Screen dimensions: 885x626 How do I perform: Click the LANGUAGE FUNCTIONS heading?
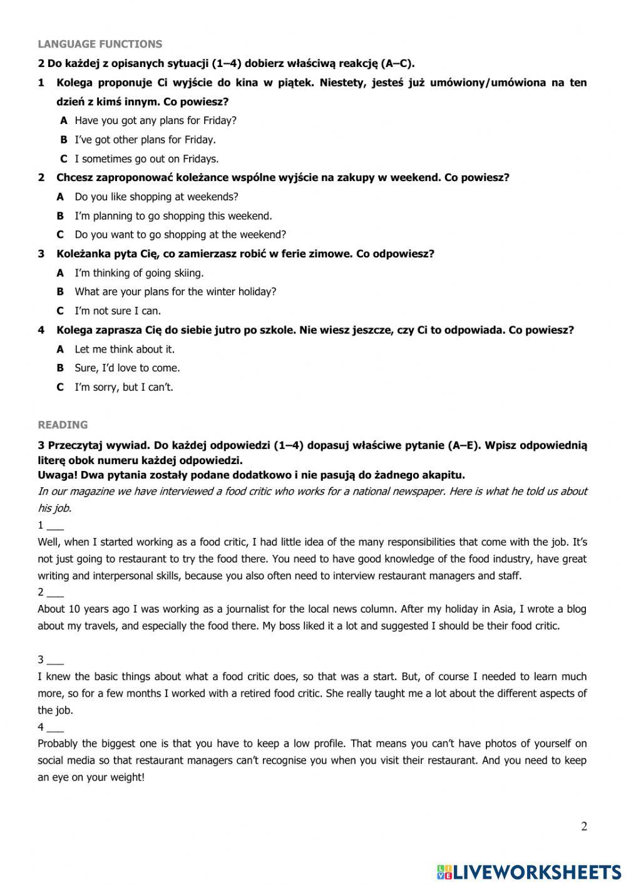(100, 44)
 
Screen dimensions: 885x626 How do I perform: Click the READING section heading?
(63, 425)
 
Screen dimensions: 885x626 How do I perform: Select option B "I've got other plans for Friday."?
(145, 140)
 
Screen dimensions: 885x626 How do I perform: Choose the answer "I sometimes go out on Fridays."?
(146, 158)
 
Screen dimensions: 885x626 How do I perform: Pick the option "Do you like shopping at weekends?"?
(156, 197)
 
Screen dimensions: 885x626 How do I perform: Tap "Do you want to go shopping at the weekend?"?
(180, 235)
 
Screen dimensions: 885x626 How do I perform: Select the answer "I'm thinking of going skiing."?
(139, 273)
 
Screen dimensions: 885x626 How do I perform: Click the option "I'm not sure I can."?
(118, 311)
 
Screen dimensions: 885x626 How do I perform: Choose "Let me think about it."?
(125, 349)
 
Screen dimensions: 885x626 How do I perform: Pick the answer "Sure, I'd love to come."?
(127, 368)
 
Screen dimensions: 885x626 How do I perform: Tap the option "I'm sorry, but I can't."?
(124, 387)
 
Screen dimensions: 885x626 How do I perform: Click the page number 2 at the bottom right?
(584, 826)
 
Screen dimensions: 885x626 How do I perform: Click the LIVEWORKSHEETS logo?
(529, 871)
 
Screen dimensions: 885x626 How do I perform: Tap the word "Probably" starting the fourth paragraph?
(58, 744)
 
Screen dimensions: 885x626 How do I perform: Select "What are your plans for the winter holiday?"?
(175, 292)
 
